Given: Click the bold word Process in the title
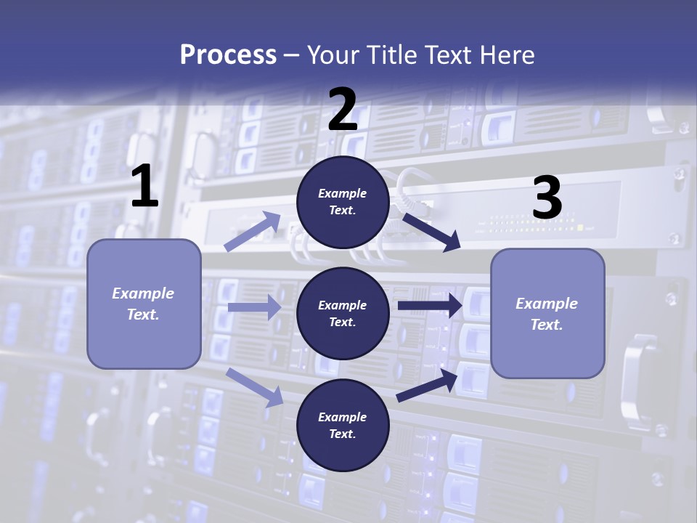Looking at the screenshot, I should point(228,54).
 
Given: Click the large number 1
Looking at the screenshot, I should point(144,187).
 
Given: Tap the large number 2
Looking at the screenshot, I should point(343,110).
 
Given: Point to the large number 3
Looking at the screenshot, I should point(547,198).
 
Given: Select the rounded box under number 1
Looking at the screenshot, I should point(144,304).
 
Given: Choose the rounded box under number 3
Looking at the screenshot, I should point(547,313).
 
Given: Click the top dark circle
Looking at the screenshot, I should point(343,202).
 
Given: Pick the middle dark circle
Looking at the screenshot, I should point(343,313).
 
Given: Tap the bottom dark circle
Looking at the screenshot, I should point(343,425).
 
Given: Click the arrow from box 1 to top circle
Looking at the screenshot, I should point(253,232).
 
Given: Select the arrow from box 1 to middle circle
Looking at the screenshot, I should point(254,307).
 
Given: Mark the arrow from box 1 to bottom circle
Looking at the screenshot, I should point(255,387).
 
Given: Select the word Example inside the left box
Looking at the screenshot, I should point(143,293).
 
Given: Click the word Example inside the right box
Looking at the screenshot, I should point(547,304).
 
